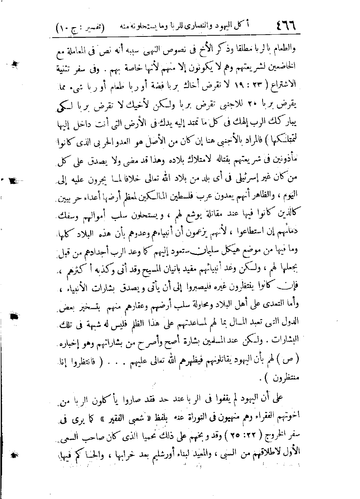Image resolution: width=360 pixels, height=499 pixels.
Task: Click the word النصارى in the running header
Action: click(198, 26)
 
